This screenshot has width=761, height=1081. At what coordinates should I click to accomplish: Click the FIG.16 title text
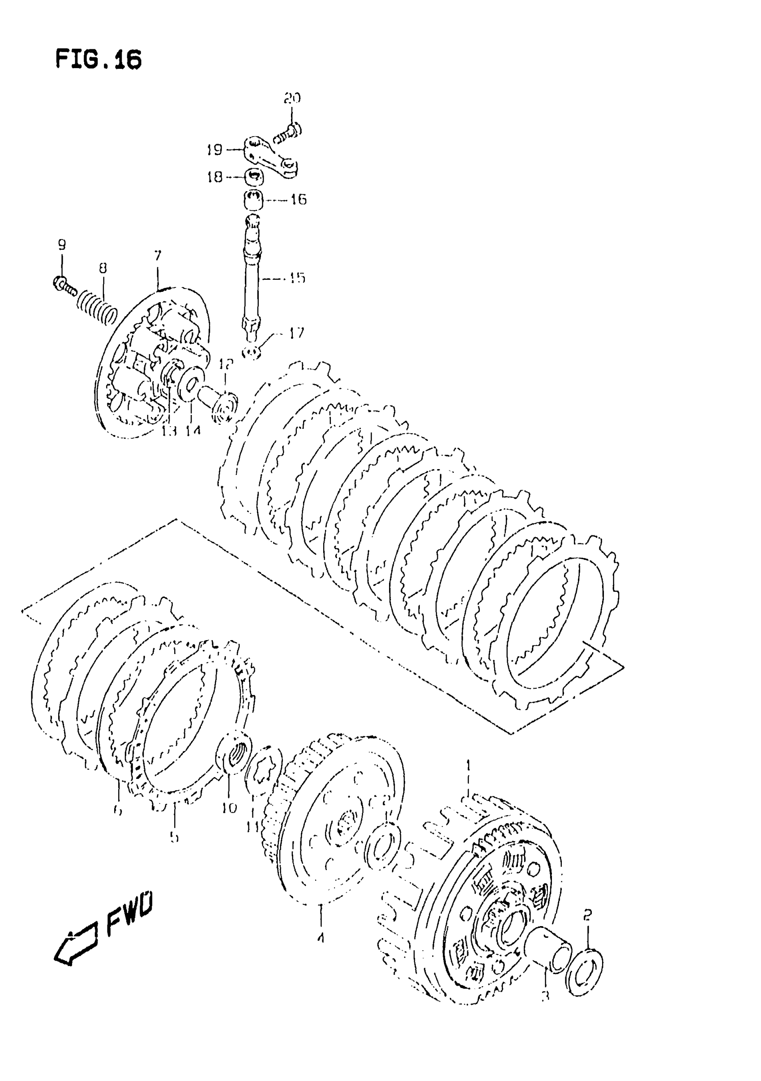(x=98, y=60)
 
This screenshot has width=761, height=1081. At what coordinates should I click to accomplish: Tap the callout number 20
(x=292, y=98)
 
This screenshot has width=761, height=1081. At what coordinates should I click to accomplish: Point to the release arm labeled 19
(x=270, y=157)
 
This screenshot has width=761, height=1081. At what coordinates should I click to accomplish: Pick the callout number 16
(x=298, y=200)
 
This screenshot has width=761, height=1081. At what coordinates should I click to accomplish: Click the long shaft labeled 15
(x=251, y=278)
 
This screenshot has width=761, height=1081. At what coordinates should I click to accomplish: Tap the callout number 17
(x=297, y=333)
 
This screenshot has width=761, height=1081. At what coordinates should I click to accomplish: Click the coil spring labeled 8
(x=97, y=308)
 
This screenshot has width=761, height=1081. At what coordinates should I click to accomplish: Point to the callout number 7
(x=158, y=256)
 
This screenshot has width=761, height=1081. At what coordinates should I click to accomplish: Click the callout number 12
(x=226, y=364)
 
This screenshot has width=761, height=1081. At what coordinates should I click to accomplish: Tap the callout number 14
(x=192, y=430)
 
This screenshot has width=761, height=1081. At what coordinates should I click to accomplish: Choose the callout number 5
(x=174, y=837)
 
